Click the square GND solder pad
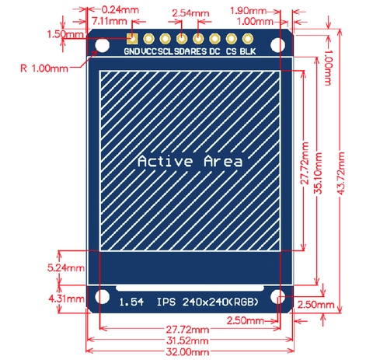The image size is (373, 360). pyautogui.click(x=132, y=39)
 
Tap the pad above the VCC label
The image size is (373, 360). pyautogui.click(x=148, y=39)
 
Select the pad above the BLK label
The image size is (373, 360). pyautogui.click(x=248, y=39)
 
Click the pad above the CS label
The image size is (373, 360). pyautogui.click(x=231, y=39)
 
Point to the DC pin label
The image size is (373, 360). pyautogui.click(x=214, y=51)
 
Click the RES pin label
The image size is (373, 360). pyautogui.click(x=199, y=51)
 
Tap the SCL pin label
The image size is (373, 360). pyautogui.click(x=166, y=51)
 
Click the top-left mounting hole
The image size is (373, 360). pyautogui.click(x=102, y=45)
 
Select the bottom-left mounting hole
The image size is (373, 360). pyautogui.click(x=102, y=296)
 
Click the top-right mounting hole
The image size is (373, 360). pyautogui.click(x=277, y=45)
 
